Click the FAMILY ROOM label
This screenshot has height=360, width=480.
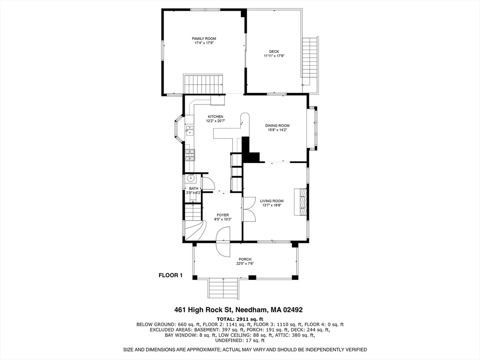click(x=204, y=38)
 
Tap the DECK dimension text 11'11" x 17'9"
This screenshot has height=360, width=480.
click(x=274, y=56)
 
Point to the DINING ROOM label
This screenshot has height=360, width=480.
click(x=277, y=126)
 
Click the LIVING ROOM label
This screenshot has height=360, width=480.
click(x=272, y=201)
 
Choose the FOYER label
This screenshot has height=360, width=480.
click(x=223, y=215)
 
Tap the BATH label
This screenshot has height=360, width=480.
click(x=194, y=188)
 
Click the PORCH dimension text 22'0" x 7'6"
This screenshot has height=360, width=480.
click(x=245, y=263)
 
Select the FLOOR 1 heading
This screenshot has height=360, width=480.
click(x=170, y=276)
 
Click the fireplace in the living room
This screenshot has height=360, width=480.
click(x=300, y=202)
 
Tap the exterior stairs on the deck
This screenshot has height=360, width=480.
click(x=310, y=61)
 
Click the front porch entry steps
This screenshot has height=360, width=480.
click(x=223, y=287)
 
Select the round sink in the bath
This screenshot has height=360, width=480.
click(x=191, y=178)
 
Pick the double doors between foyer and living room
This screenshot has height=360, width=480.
click(x=249, y=209)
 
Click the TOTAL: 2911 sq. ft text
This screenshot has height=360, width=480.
click(x=240, y=318)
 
